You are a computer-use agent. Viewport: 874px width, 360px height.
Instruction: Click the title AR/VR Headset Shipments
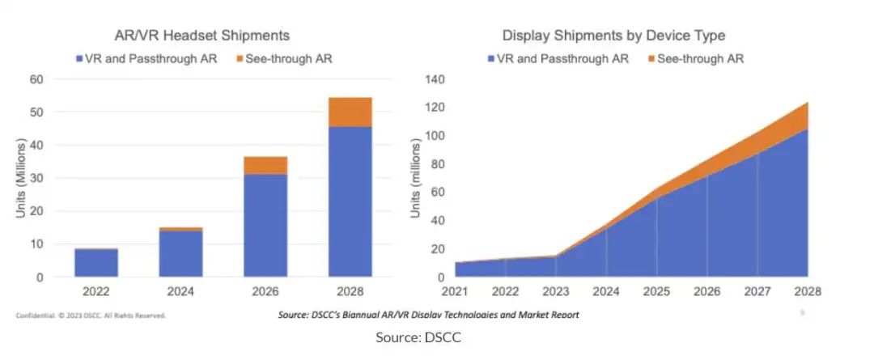(201, 36)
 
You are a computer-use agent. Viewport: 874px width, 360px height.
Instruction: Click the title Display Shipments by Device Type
(613, 36)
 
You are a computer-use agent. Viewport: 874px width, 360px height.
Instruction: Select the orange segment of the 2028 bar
(350, 112)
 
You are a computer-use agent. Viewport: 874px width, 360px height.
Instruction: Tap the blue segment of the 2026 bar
(265, 225)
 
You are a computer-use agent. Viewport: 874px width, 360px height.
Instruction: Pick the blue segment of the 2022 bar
(96, 263)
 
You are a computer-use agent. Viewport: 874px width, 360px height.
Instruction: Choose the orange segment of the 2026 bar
(265, 165)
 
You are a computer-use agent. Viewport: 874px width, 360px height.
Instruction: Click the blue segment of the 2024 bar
(181, 253)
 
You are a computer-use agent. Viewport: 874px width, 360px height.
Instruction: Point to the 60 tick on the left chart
(36, 79)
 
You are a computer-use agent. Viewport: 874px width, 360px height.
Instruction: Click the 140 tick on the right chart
(435, 79)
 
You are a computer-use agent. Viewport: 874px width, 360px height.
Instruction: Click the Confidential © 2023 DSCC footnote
(91, 316)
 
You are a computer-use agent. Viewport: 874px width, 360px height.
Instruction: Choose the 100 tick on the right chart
(435, 135)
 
